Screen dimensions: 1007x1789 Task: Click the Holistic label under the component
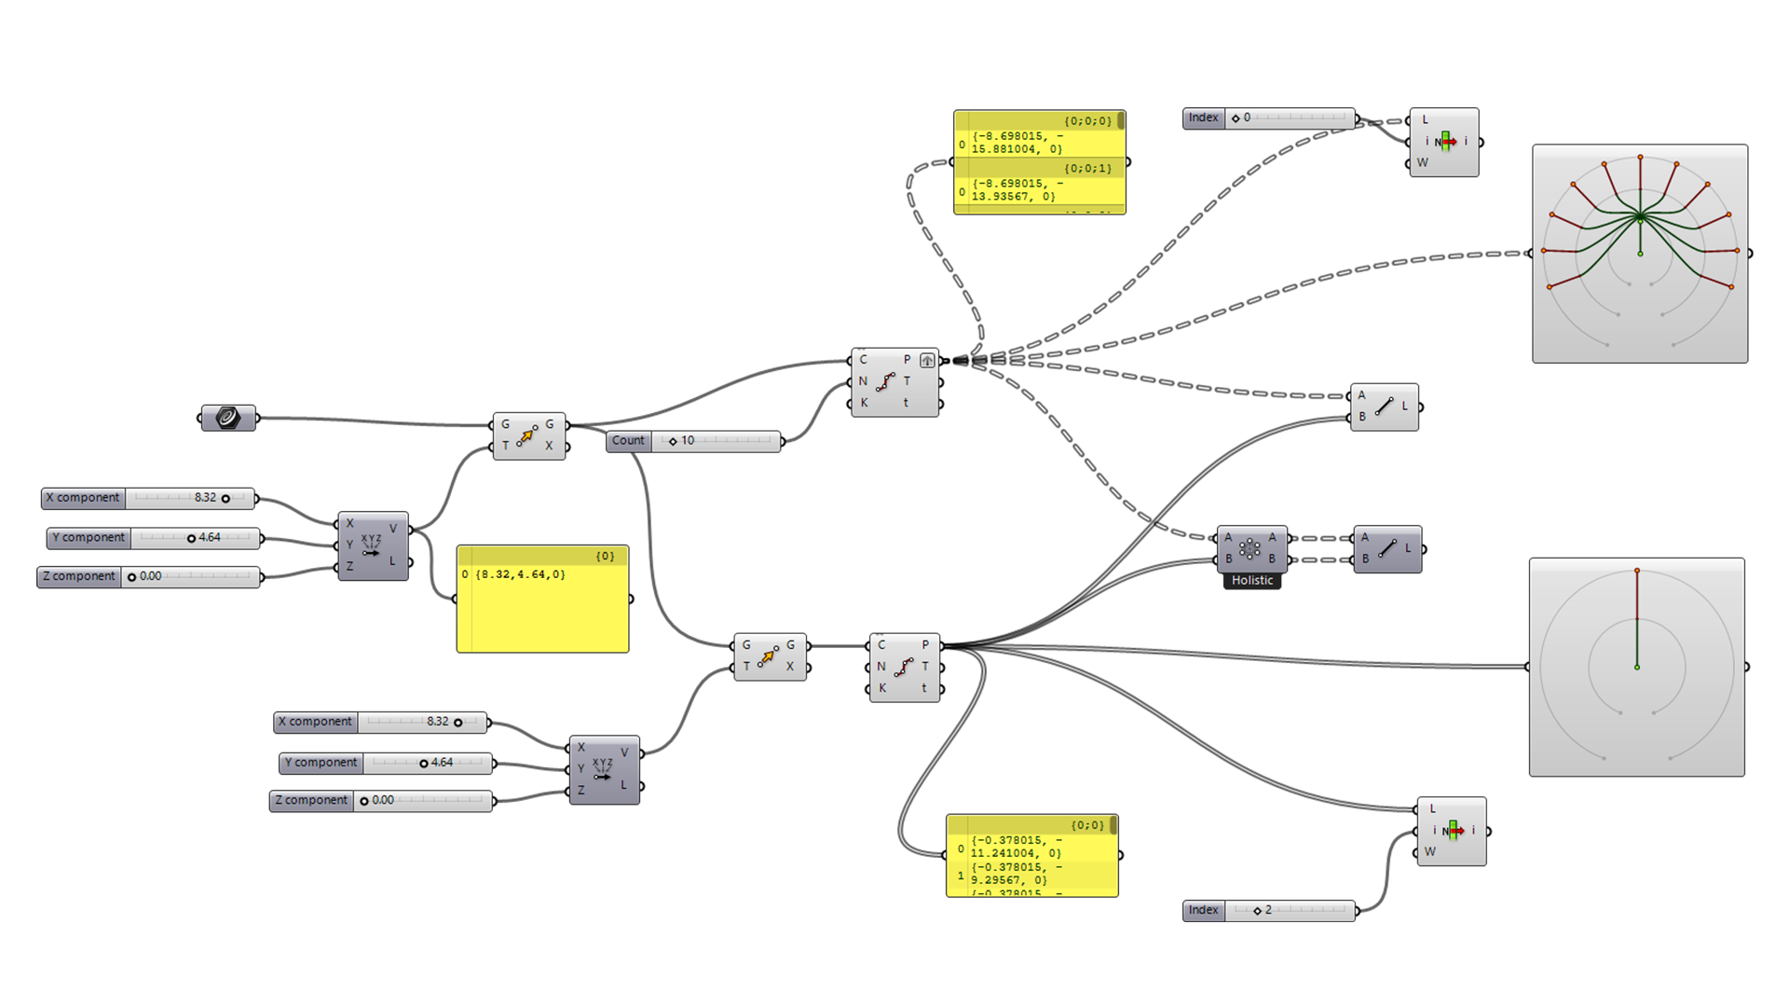1251,581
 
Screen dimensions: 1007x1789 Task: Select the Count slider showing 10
694,441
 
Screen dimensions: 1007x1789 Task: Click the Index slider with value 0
1269,118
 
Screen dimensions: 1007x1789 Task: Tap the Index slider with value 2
1269,910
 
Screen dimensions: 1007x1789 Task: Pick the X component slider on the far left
148,498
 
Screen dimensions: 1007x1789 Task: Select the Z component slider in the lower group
381,801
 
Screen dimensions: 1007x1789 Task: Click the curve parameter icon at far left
228,418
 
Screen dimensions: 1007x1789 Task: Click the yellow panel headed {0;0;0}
1039,162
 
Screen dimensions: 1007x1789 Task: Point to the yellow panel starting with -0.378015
1031,855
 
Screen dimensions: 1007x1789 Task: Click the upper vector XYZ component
373,545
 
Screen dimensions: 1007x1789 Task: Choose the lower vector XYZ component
604,769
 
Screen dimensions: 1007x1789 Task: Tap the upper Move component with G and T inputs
528,435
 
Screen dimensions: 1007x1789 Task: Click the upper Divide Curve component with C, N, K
894,382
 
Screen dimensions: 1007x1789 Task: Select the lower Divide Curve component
904,668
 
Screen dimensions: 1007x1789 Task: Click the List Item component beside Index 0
1444,142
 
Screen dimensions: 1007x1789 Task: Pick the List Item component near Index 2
1452,831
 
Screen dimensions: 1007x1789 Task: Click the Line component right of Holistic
1387,549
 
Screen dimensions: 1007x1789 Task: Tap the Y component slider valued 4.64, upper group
154,538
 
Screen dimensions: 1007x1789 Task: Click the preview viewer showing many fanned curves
1640,254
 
